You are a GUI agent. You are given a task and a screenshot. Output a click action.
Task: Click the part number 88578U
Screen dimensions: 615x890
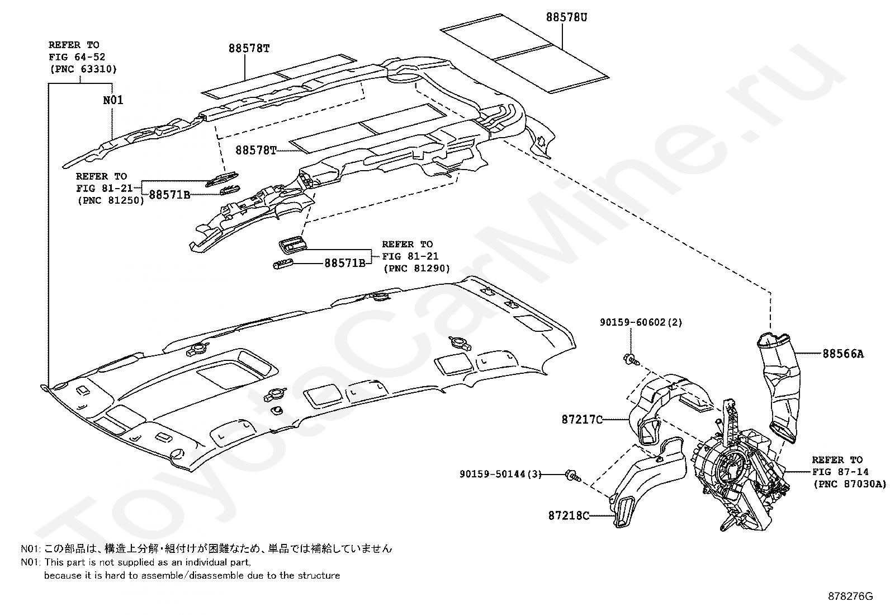pos(566,17)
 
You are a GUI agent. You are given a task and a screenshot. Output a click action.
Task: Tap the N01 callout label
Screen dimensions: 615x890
pos(113,101)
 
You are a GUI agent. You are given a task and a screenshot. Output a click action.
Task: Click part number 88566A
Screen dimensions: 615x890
pos(842,354)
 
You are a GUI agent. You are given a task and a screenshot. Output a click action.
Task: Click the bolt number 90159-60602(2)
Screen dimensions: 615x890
pos(641,322)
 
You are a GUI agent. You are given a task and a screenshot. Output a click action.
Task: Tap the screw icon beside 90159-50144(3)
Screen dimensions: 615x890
pos(572,475)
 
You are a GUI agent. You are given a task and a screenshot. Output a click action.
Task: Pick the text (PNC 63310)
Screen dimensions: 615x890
pos(82,69)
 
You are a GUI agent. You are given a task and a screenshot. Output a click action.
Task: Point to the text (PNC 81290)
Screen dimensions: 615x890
pos(416,269)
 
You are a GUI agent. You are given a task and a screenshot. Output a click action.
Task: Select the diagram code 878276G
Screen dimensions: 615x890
pos(850,596)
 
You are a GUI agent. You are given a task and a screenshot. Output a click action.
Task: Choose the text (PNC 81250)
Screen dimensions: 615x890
pos(110,201)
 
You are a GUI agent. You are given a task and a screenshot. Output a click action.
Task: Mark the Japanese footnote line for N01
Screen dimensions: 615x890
pos(207,549)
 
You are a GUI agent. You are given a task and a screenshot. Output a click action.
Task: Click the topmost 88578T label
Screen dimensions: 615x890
pos(249,48)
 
